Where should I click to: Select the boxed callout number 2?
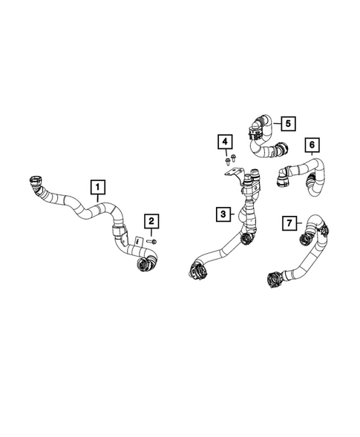coord(151,220)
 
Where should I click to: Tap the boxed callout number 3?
coord(223,214)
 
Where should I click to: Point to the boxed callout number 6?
coord(312,143)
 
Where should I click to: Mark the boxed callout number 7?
coord(290,222)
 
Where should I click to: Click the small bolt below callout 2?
coord(151,241)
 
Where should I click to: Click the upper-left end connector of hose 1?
coord(35,181)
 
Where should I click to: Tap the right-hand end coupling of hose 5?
coord(282,151)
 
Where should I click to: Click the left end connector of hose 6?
coord(283,176)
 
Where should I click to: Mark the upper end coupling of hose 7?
coord(305,240)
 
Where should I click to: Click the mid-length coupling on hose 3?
coord(247,237)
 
